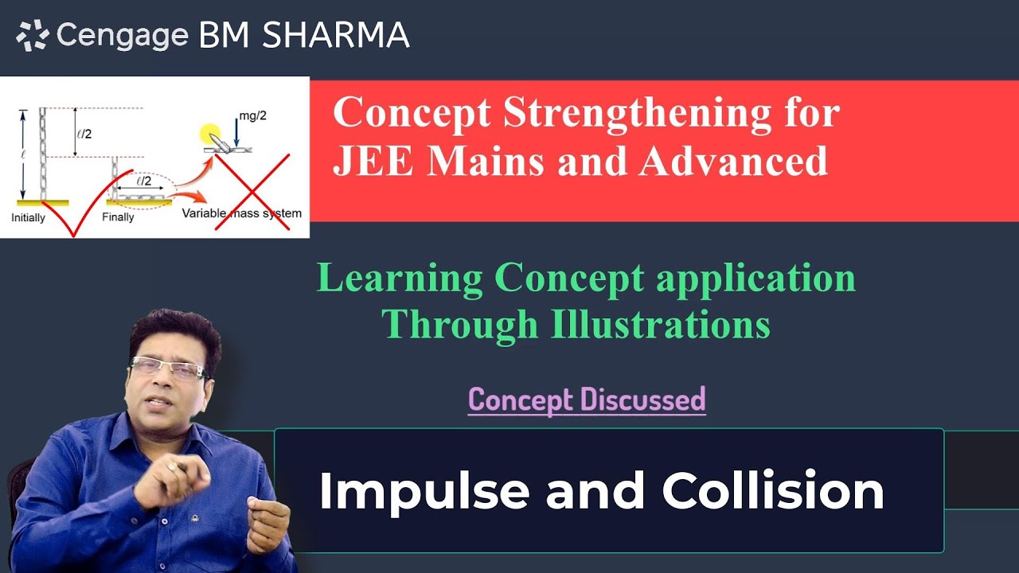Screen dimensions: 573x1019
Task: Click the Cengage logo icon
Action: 33,37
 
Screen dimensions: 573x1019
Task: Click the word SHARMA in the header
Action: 336,35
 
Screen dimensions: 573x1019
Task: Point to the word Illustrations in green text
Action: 660,324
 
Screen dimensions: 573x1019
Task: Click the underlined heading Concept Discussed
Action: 587,399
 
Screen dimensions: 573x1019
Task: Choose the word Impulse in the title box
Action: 424,491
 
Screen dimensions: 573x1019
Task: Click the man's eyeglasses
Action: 168,368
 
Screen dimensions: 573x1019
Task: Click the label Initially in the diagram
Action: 29,217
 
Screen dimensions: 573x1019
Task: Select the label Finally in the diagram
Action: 119,217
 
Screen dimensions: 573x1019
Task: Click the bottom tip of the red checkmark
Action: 72,236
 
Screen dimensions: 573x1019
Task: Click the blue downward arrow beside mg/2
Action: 237,126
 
